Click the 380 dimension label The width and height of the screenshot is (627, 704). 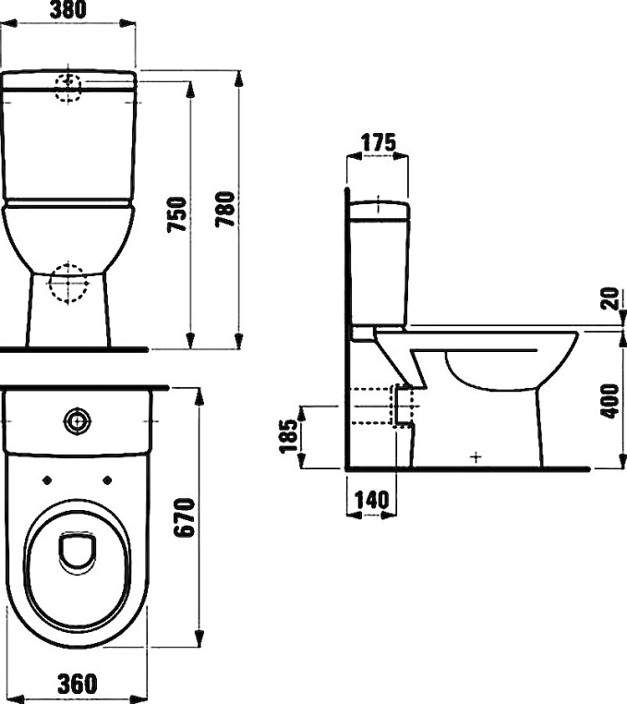pos(67,10)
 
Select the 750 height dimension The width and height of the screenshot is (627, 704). pos(177,214)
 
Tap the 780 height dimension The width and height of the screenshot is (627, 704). pos(225,209)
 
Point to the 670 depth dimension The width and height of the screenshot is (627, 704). pos(185,517)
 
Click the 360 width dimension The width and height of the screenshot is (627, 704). pos(78,684)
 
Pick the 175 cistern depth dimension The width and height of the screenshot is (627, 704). pos(379,143)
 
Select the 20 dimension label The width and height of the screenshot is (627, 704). pos(609,298)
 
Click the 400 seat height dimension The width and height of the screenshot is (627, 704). pos(609,401)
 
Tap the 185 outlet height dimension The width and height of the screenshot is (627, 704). pos(289,436)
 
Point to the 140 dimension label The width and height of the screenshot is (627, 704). pos(371,500)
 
